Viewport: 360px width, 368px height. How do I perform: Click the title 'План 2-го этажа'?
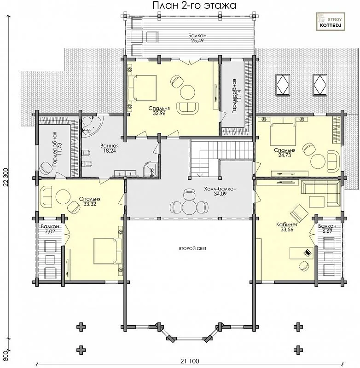[x=194, y=5]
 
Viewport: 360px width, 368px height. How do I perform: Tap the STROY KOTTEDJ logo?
[x=331, y=22]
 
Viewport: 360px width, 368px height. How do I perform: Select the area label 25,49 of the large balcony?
[x=197, y=40]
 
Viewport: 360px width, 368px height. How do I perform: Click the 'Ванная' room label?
[x=110, y=146]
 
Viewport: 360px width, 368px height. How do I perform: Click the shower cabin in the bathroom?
[x=150, y=168]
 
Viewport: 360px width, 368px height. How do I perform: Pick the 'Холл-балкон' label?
[x=220, y=189]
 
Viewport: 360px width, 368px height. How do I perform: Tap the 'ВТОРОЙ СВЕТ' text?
[x=193, y=248]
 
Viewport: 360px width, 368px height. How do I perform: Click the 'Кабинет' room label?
[x=287, y=224]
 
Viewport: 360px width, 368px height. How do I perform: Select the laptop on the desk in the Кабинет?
[x=308, y=253]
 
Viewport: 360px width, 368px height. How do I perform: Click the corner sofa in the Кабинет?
[x=320, y=193]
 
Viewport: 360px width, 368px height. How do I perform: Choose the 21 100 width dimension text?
[x=190, y=361]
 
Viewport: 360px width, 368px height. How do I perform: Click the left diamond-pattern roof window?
[x=283, y=85]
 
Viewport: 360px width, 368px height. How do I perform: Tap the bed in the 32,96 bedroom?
[x=142, y=88]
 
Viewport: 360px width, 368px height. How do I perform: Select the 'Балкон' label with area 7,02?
[x=50, y=226]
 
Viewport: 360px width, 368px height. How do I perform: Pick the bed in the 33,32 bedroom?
[x=108, y=251]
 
